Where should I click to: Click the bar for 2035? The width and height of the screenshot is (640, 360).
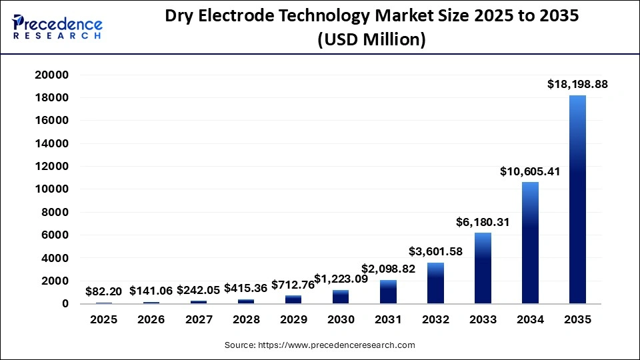pyautogui.click(x=577, y=199)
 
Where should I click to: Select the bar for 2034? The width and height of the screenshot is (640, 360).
pyautogui.click(x=530, y=243)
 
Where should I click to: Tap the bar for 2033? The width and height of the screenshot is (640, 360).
pyautogui.click(x=483, y=268)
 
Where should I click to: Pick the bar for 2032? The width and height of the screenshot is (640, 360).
pyautogui.click(x=435, y=283)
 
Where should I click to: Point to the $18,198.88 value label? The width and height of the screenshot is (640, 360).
pyautogui.click(x=577, y=85)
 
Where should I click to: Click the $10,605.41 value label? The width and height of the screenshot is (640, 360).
pyautogui.click(x=530, y=171)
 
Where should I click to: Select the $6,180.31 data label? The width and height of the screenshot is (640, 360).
pyautogui.click(x=483, y=222)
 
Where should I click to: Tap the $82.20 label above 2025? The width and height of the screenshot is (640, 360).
pyautogui.click(x=104, y=291)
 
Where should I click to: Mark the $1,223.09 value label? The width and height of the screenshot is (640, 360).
pyautogui.click(x=341, y=278)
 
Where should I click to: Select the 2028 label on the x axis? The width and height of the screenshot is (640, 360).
pyautogui.click(x=246, y=319)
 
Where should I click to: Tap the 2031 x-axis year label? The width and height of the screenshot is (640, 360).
pyautogui.click(x=388, y=319)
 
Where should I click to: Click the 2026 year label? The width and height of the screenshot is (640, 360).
pyautogui.click(x=151, y=319)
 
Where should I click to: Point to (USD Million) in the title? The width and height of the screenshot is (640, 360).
pyautogui.click(x=371, y=40)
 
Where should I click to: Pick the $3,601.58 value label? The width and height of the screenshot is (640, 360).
pyautogui.click(x=435, y=251)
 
